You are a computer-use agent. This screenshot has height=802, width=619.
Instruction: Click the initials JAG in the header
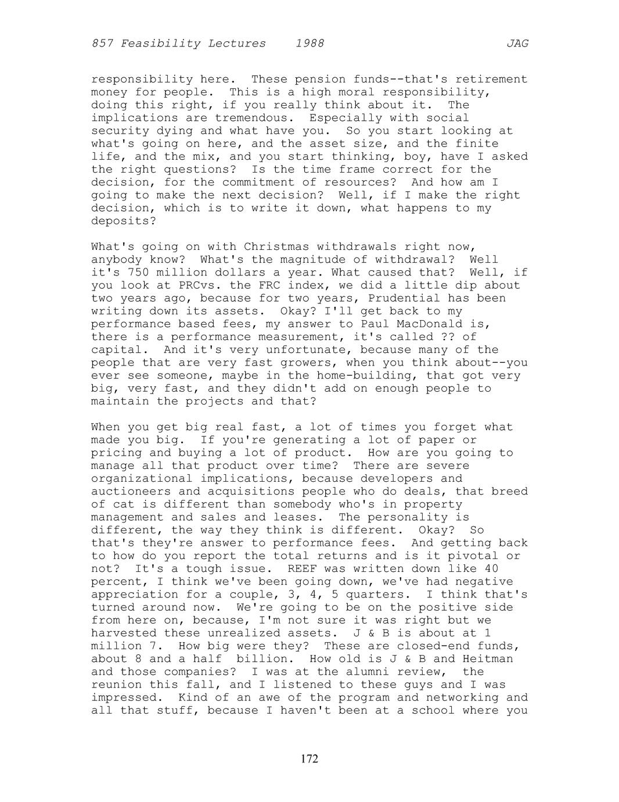517,44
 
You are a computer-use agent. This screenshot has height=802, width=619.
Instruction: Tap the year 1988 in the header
310,44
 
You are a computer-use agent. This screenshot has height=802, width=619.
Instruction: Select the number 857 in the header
102,44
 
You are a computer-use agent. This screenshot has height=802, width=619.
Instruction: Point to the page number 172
310,759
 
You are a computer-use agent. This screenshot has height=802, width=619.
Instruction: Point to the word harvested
124,633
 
